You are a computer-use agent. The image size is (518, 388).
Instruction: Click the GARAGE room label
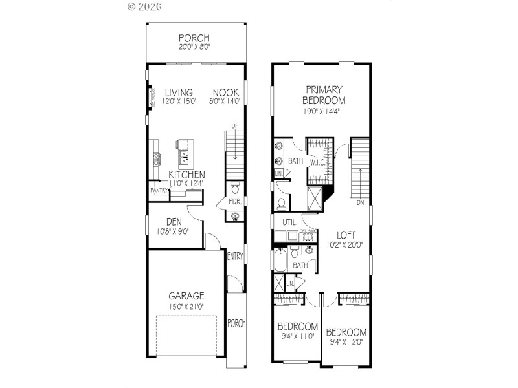click(x=188, y=296)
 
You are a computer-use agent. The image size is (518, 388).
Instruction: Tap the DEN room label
click(x=172, y=221)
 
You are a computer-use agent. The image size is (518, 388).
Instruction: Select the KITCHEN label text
click(x=187, y=175)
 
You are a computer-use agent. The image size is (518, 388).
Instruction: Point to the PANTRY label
click(x=159, y=191)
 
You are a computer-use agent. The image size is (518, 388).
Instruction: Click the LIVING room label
click(x=178, y=92)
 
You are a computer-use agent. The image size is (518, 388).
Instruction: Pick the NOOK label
click(x=225, y=92)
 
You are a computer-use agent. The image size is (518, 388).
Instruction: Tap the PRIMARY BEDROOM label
click(x=324, y=95)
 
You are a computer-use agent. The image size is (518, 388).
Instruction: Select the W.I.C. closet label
click(x=317, y=162)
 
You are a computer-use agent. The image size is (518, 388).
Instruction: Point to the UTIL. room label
click(x=289, y=222)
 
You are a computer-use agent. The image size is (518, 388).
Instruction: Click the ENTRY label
click(x=235, y=257)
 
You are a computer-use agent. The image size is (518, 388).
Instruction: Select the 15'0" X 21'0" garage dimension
click(x=188, y=306)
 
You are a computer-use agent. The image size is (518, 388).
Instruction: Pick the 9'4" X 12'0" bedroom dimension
click(x=346, y=342)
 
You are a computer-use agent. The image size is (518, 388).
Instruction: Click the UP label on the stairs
click(x=236, y=126)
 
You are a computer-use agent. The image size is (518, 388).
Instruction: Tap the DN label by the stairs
click(x=359, y=202)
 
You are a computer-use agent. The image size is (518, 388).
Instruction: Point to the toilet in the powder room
click(x=236, y=190)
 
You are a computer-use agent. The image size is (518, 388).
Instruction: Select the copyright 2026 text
click(x=145, y=6)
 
